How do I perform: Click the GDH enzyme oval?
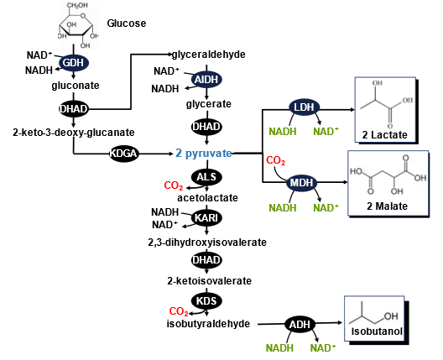click(x=74, y=63)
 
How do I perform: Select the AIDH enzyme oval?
click(x=206, y=80)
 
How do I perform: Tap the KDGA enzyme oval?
click(x=123, y=154)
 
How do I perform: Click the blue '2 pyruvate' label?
click(x=204, y=154)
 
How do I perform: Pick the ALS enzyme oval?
click(x=206, y=177)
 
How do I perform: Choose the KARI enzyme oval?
click(x=206, y=218)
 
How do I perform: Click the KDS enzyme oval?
click(x=206, y=300)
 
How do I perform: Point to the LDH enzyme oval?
click(x=304, y=107)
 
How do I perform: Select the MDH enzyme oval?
click(x=301, y=183)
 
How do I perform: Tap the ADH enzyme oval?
click(x=300, y=325)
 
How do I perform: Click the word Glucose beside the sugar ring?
click(x=127, y=23)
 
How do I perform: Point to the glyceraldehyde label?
click(x=209, y=55)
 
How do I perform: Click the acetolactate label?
click(x=208, y=198)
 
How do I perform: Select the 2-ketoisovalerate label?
click(x=210, y=281)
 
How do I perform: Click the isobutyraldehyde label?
click(x=208, y=324)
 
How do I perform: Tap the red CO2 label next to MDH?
click(x=276, y=161)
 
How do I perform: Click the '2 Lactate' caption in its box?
click(x=384, y=135)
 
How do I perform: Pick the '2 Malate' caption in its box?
click(x=388, y=206)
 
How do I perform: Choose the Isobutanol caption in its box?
click(x=377, y=331)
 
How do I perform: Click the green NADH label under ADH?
click(x=279, y=348)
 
